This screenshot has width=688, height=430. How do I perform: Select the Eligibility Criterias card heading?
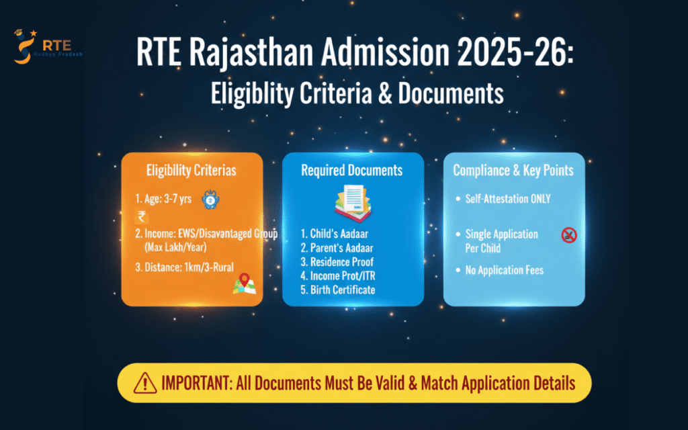click(191, 171)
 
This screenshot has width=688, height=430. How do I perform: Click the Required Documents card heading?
click(352, 171)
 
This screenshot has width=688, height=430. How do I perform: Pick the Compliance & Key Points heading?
click(513, 171)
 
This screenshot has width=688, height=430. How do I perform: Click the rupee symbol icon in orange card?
click(142, 216)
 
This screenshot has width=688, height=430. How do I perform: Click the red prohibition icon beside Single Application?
click(569, 235)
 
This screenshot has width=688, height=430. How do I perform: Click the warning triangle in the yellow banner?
click(145, 384)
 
